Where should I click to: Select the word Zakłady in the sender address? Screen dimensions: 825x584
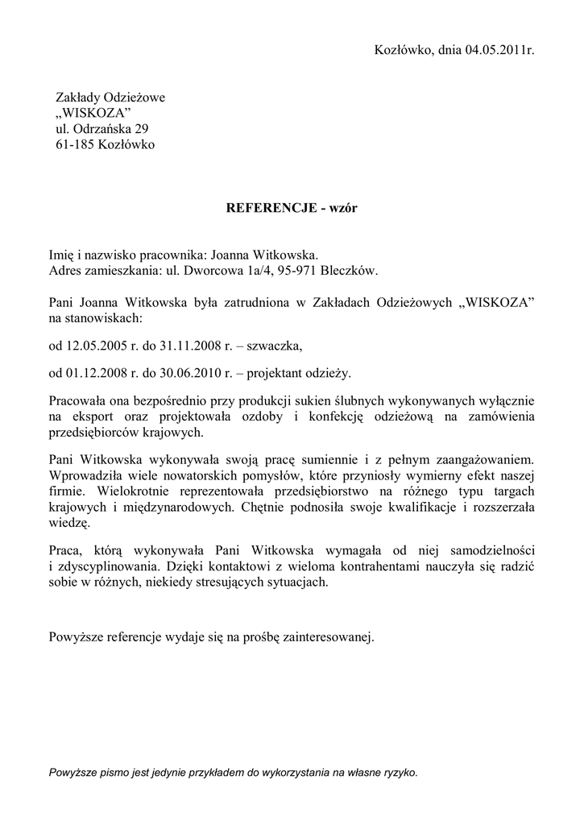[x=77, y=97]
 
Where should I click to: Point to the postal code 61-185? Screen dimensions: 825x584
[x=72, y=145]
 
